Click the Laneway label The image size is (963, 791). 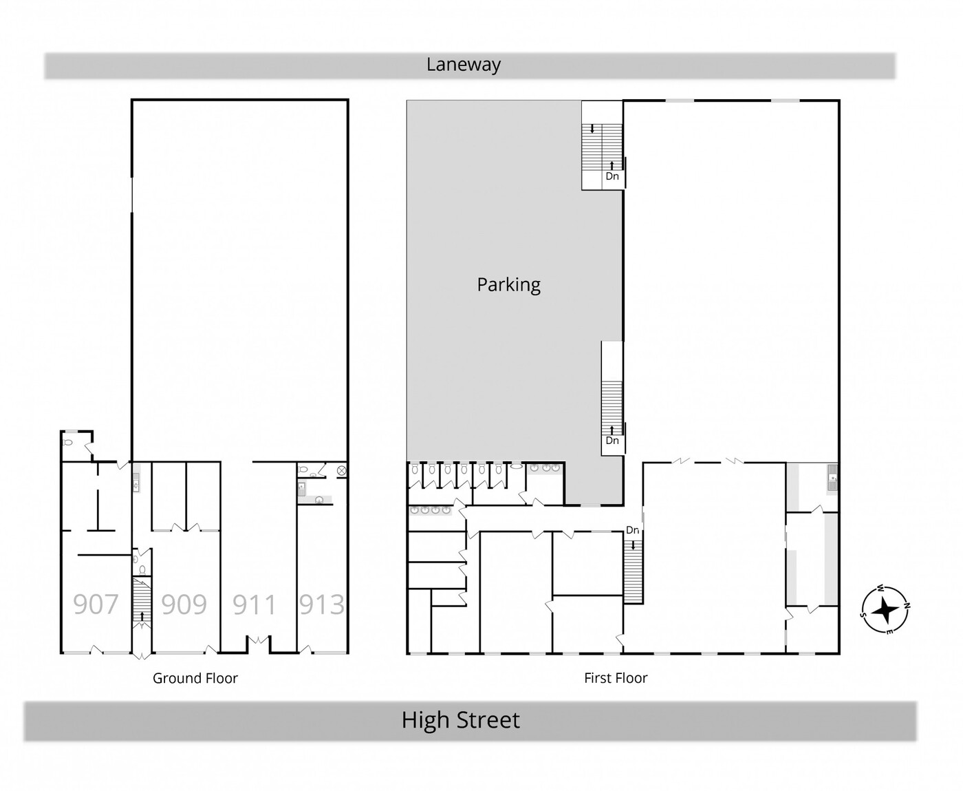coord(464,65)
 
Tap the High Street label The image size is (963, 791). coord(461,719)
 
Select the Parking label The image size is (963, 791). coord(508,285)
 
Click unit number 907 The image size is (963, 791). coord(96,604)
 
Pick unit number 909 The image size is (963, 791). coord(184,604)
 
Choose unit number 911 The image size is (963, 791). coord(255,604)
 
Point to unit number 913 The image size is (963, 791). coord(321,604)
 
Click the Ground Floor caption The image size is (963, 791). coord(195,678)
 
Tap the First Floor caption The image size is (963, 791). coord(616,677)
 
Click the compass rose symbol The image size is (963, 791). coord(885,609)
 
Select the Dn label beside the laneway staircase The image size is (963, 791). coord(612,176)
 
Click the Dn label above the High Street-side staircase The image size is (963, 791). coord(632,530)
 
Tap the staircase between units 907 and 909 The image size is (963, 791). coord(142,602)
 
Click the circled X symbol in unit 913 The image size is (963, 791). coord(342,470)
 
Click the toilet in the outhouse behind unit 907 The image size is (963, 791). coord(67,442)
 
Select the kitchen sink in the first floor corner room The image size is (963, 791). coord(832,478)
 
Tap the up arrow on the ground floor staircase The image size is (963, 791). coord(142,616)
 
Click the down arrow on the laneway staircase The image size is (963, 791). coord(592,129)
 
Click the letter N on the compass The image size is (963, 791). coord(907,606)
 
